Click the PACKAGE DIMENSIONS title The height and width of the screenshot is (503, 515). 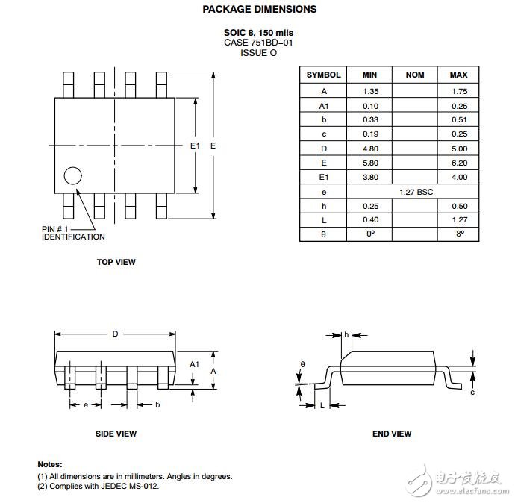tap(259, 10)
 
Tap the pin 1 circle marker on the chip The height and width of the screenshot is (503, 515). tap(72, 176)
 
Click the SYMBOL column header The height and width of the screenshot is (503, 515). tap(323, 75)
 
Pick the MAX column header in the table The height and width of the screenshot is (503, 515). tap(458, 75)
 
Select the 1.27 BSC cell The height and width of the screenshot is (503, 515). tap(414, 192)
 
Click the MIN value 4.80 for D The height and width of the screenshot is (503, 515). tap(369, 149)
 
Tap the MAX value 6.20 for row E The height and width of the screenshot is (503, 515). tap(458, 163)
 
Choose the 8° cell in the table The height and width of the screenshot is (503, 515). tap(458, 234)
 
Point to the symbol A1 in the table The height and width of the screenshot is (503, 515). tap(323, 106)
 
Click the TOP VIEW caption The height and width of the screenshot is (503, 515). tap(116, 262)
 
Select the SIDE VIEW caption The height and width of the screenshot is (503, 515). tap(116, 434)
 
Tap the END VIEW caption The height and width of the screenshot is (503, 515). tap(391, 434)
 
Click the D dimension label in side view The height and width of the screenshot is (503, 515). tap(115, 334)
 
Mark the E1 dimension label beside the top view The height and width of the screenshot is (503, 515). tap(195, 146)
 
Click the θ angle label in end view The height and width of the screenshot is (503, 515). tap(302, 365)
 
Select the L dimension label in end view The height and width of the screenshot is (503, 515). tap(322, 405)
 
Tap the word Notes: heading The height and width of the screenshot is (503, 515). tap(50, 464)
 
